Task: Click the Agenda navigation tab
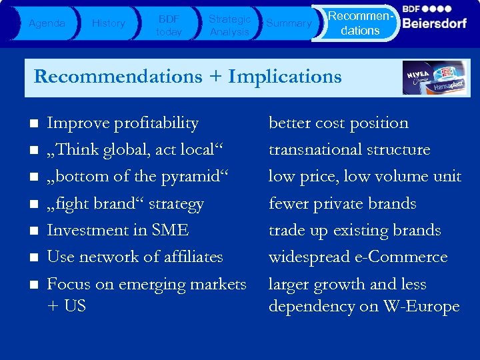(47, 23)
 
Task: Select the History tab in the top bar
(108, 23)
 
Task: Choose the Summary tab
(289, 23)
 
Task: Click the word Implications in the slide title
(285, 77)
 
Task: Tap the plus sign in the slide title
(215, 77)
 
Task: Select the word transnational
(307, 150)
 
